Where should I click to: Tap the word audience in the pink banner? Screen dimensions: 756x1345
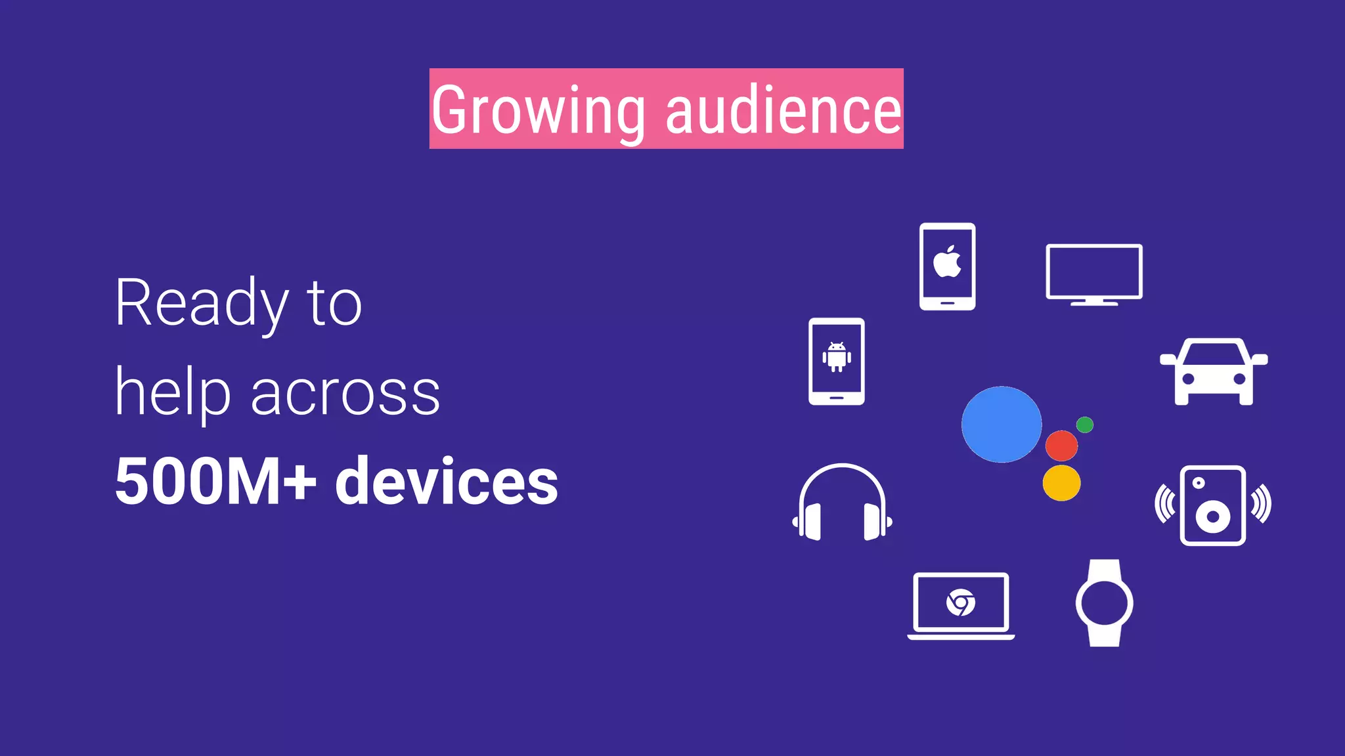pos(783,110)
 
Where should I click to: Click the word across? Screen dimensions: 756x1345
pos(345,394)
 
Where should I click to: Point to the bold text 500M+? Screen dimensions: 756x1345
pos(215,481)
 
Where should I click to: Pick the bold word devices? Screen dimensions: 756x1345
pos(447,481)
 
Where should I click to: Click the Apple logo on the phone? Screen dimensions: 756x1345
pos(947,261)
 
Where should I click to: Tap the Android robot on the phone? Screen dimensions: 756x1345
pos(837,357)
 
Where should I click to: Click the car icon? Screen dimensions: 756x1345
pos(1214,371)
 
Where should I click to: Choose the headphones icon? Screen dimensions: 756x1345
pos(842,503)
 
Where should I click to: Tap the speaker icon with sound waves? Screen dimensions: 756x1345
pos(1213,505)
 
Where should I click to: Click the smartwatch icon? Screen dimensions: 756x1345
pos(1105,603)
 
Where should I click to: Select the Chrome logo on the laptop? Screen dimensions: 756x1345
pos(961,602)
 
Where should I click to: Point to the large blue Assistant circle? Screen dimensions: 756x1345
pos(1001,424)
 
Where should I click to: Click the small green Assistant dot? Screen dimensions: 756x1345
pos(1085,425)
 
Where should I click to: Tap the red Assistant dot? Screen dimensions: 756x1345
pos(1061,446)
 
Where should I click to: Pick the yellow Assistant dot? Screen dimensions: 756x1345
pos(1061,483)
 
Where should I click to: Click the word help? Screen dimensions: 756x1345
pos(173,394)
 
